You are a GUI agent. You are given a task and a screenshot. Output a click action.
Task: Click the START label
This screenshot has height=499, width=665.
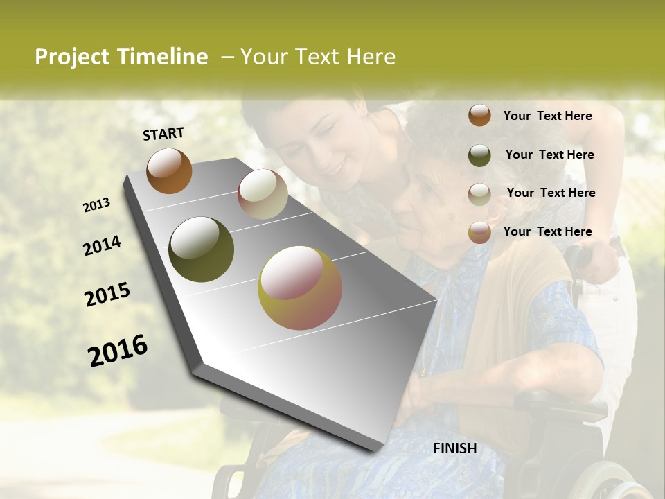[163, 134]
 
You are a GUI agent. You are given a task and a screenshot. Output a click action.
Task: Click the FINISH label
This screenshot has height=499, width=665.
[455, 448]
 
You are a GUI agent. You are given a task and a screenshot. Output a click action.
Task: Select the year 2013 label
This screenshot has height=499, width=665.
[97, 205]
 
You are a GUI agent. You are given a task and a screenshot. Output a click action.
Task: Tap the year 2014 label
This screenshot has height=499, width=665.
[103, 245]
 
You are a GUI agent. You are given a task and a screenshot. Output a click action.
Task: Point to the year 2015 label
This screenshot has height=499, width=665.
[107, 295]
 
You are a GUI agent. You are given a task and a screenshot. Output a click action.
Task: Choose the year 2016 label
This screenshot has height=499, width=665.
[118, 351]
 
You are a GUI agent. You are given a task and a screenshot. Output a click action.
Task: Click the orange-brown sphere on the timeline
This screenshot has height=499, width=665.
[169, 170]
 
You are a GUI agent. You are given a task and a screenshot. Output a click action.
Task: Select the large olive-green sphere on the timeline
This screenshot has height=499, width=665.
[201, 249]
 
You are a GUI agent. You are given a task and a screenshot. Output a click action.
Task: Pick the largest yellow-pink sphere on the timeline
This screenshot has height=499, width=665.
[300, 288]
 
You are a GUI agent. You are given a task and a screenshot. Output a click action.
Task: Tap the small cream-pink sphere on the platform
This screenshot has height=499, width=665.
[263, 194]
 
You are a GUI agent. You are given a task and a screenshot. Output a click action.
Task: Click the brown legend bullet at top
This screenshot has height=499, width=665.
[479, 115]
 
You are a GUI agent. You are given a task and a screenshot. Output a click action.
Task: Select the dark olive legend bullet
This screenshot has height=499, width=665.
[479, 155]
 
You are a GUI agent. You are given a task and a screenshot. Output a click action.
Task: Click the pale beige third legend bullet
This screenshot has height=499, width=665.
[479, 194]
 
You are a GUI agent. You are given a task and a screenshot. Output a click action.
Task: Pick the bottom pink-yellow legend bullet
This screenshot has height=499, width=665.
[479, 232]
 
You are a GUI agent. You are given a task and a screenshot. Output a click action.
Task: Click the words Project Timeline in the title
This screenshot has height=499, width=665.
[121, 57]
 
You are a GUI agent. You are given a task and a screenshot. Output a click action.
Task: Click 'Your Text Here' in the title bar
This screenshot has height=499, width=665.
[318, 57]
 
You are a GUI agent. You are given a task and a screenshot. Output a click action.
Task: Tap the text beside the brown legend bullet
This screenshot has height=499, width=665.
[547, 116]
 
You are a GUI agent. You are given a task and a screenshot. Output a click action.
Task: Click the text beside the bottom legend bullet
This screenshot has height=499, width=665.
[547, 231]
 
